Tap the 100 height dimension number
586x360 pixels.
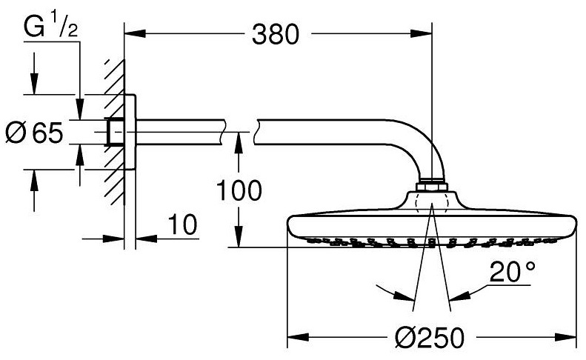[x=239, y=190]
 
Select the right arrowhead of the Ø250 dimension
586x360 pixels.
[x=571, y=338]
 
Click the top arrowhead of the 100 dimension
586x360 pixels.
[x=238, y=138]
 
